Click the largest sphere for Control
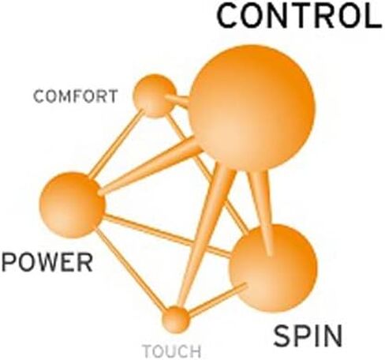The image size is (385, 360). [252, 107]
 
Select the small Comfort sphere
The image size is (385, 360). [155, 96]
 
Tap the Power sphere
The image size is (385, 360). [73, 205]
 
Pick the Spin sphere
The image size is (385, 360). [273, 268]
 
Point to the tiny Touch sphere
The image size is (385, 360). [175, 320]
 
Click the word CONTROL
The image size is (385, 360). [299, 17]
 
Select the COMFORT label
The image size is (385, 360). [76, 96]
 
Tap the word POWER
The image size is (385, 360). [47, 262]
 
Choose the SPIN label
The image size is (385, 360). [308, 336]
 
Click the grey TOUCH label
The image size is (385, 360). [172, 351]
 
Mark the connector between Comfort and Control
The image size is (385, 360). [178, 99]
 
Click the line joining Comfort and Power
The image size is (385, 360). [116, 144]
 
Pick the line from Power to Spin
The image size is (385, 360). [167, 235]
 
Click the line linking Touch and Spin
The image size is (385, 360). [218, 300]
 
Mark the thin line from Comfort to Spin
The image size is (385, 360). [207, 174]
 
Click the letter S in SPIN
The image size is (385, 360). [282, 336]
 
